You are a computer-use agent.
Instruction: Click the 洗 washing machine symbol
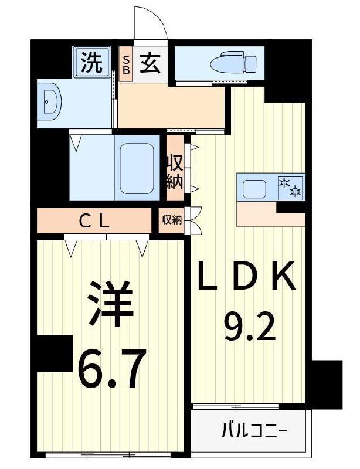91,62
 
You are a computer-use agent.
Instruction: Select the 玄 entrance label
150,62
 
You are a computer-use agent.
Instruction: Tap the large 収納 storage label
175,171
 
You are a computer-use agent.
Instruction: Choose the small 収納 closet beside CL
172,220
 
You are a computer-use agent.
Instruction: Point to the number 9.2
249,329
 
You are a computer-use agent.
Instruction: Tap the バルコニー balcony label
254,432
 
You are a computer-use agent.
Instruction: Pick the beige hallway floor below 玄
172,106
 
